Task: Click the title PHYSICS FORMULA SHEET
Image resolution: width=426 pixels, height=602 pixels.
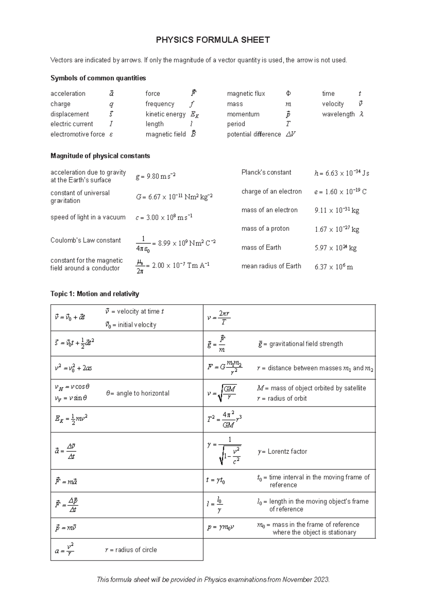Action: pyautogui.click(x=213, y=40)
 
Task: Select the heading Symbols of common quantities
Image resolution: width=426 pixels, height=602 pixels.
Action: pyautogui.click(x=98, y=78)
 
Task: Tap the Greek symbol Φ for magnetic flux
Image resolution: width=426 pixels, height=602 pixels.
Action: pyautogui.click(x=288, y=94)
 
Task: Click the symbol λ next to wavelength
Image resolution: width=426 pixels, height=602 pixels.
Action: pyautogui.click(x=361, y=114)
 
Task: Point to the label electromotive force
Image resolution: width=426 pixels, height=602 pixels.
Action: pyautogui.click(x=77, y=134)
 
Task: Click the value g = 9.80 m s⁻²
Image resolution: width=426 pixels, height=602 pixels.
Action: pyautogui.click(x=155, y=176)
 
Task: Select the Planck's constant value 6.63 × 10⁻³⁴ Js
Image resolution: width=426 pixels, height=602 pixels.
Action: pyautogui.click(x=342, y=173)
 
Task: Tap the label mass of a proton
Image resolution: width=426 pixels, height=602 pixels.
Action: pyautogui.click(x=265, y=229)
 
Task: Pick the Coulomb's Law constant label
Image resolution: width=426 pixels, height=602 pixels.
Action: pyautogui.click(x=86, y=240)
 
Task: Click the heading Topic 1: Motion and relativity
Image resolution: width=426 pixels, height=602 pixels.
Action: pyautogui.click(x=94, y=294)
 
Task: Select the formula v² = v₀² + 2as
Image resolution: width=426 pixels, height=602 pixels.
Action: pyautogui.click(x=73, y=368)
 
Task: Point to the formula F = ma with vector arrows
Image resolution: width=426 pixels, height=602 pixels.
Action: pyautogui.click(x=66, y=482)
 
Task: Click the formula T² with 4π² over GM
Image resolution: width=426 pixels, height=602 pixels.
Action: pyautogui.click(x=224, y=419)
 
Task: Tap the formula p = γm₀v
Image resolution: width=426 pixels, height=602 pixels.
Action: pyautogui.click(x=220, y=527)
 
